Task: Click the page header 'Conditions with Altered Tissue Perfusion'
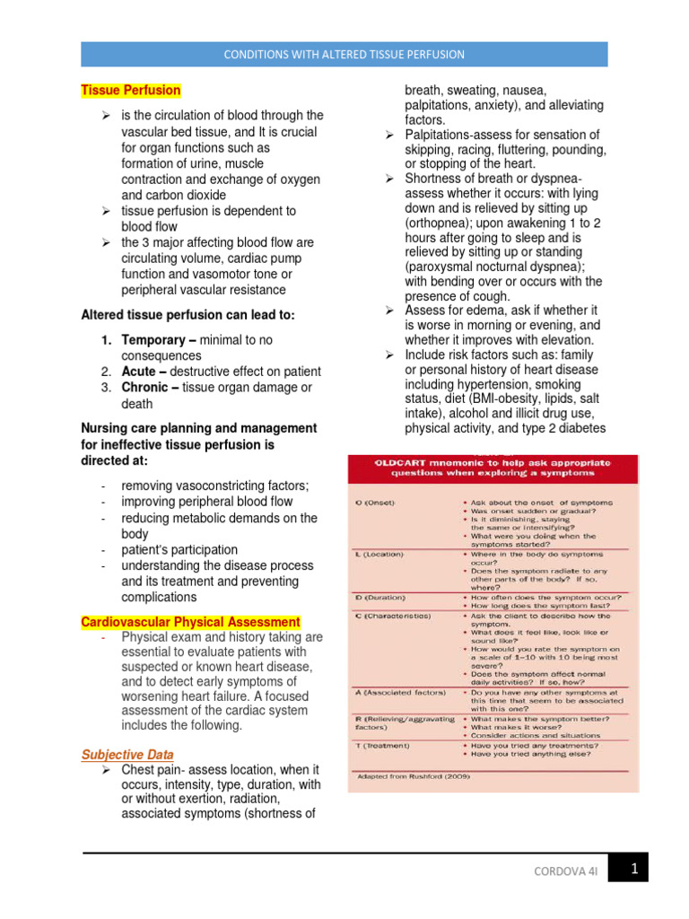coord(344,54)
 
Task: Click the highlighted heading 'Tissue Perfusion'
coord(131,91)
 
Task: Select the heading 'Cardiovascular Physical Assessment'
coord(191,622)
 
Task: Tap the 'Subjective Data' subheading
coord(127,755)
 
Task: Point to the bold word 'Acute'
coord(138,372)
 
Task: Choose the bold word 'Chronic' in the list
coord(144,388)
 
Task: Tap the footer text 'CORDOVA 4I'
coord(565,871)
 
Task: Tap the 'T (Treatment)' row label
coord(381,745)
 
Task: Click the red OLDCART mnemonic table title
coord(493,468)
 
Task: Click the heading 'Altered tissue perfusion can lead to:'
coord(188,315)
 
